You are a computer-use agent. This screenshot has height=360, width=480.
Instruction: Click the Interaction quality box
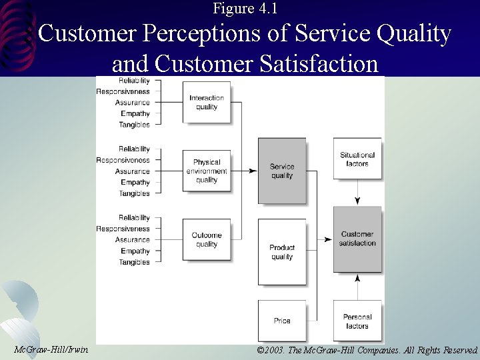[x=207, y=102]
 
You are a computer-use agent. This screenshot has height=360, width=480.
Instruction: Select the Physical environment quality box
[x=207, y=171]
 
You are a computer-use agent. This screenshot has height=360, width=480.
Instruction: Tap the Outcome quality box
[x=207, y=239]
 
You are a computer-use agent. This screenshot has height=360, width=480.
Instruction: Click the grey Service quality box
[x=282, y=171]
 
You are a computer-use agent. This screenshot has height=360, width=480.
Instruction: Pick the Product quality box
[x=282, y=252]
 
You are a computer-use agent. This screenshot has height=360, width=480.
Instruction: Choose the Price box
[x=282, y=321]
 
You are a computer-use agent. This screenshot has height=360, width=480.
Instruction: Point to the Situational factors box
[x=357, y=159]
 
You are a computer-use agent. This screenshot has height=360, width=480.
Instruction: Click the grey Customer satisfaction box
[x=357, y=239]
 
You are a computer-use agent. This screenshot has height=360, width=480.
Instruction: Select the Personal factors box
[x=357, y=321]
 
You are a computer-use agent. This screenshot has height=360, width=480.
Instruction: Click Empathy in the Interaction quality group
[x=135, y=113]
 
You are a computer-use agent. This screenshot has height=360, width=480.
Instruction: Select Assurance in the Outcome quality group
[x=133, y=240]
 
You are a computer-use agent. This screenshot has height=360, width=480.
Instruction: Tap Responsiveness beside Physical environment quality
[x=123, y=160]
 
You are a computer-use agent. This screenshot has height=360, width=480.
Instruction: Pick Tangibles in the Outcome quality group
[x=135, y=262]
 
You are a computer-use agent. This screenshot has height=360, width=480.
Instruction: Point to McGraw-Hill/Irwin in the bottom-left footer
[x=51, y=349]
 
